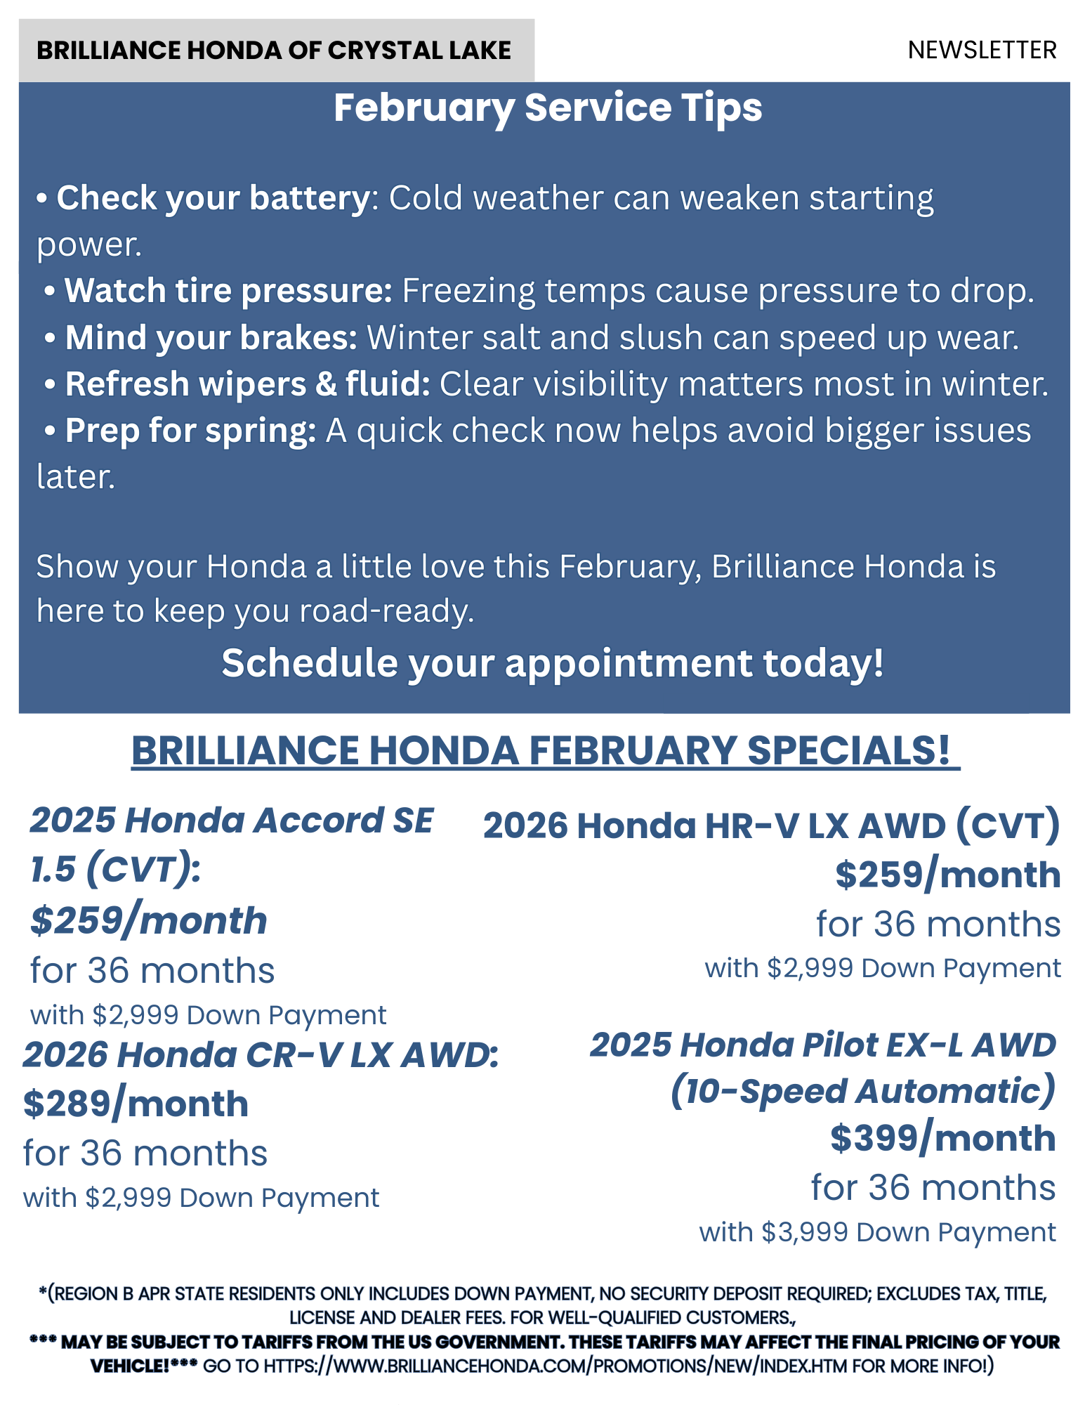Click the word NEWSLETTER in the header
(x=982, y=51)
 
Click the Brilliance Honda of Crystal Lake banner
(x=276, y=51)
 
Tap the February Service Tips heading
(x=548, y=107)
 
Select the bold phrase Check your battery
(x=213, y=199)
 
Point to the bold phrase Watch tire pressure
(x=228, y=291)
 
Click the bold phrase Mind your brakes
(x=211, y=337)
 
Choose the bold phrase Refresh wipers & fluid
(x=247, y=384)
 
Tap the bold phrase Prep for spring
(x=190, y=431)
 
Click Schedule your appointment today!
(x=553, y=663)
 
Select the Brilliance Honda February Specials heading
(x=546, y=750)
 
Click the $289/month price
(x=136, y=1104)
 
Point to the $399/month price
(x=943, y=1138)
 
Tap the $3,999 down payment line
(x=877, y=1232)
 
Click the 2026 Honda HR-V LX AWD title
(x=772, y=826)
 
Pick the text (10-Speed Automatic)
(x=863, y=1092)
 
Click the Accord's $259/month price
(x=149, y=921)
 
